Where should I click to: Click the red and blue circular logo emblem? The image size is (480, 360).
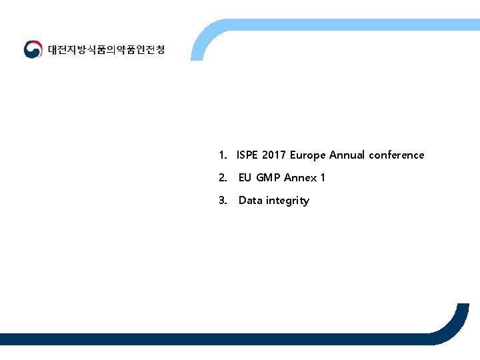coord(33,50)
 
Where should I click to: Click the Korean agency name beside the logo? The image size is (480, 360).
coord(106,50)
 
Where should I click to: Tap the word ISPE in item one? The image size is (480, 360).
coord(247,155)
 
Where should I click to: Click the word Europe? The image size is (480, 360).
coord(308,155)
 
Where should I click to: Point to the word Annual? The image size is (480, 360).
coord(347,155)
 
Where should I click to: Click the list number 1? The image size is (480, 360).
coord(222,155)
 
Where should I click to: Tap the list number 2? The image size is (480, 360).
coord(222,177)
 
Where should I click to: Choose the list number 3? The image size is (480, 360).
coord(222,200)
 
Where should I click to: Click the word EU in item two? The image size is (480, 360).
coord(245,177)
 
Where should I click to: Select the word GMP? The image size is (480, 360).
coord(269,177)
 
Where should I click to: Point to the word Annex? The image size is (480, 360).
coord(301,177)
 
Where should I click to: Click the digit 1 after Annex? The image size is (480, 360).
coord(323,177)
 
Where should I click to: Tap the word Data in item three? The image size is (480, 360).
coord(251,200)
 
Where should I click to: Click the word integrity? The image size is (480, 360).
coord(287,201)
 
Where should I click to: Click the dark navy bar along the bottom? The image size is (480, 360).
coord(200,339)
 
